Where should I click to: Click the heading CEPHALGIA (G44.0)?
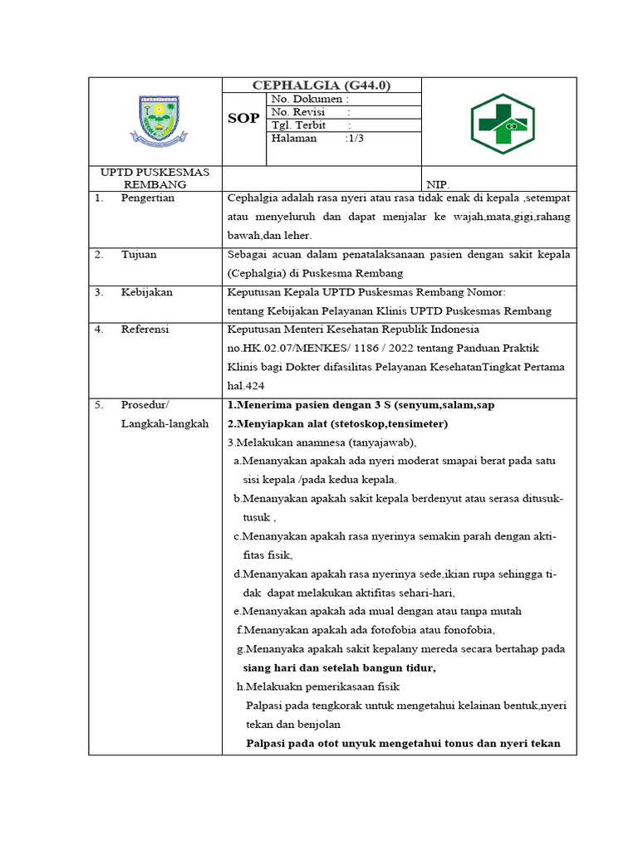[321, 85]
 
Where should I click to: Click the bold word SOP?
[243, 119]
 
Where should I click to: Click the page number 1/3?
[354, 139]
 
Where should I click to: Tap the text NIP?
[437, 185]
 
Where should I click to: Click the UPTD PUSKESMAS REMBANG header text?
[155, 178]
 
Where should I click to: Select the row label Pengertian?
[148, 198]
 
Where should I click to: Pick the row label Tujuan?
[139, 255]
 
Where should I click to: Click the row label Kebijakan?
[146, 292]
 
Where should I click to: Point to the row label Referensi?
[145, 330]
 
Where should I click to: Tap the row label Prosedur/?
[145, 405]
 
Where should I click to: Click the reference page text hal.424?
[246, 385]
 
